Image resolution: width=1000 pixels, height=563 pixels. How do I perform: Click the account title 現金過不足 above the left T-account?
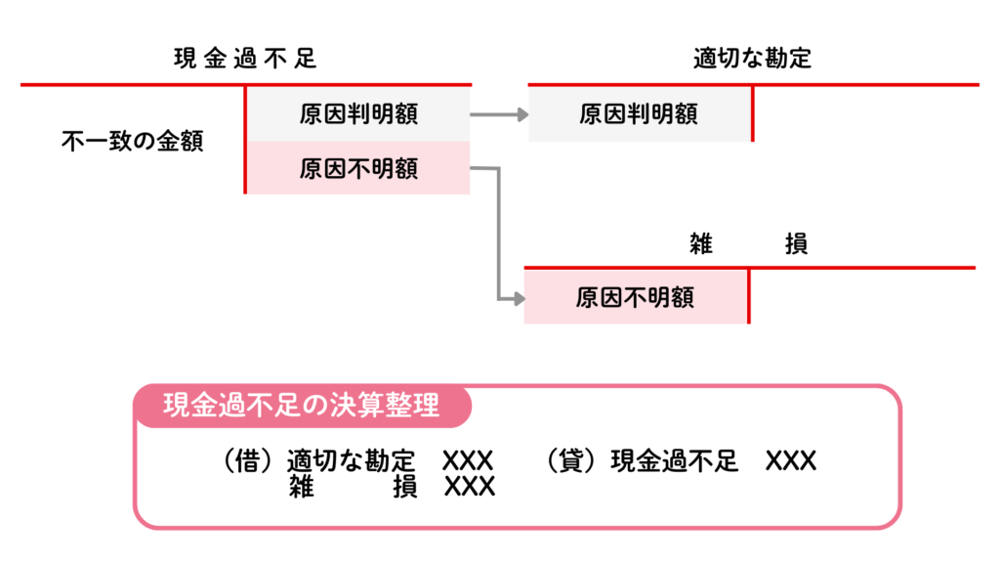(x=245, y=59)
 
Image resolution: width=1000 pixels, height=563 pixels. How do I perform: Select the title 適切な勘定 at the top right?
(x=752, y=59)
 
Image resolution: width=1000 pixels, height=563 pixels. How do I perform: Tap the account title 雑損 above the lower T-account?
(x=748, y=244)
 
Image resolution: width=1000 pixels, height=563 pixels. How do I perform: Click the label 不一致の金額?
(x=132, y=141)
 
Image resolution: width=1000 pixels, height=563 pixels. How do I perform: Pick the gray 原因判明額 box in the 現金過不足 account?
(x=358, y=113)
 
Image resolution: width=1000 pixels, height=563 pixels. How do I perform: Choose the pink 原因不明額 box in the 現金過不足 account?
(x=358, y=169)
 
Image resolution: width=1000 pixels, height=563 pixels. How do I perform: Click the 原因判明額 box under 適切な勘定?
(x=639, y=113)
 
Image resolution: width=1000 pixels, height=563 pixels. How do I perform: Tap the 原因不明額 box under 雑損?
(x=635, y=296)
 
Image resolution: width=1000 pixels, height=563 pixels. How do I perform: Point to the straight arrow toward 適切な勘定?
(x=498, y=114)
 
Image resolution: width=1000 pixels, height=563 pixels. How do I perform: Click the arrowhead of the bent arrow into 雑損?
(x=517, y=297)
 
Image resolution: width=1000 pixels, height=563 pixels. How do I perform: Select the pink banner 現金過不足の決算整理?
(x=302, y=405)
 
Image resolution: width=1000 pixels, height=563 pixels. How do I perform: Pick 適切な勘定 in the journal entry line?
(x=352, y=460)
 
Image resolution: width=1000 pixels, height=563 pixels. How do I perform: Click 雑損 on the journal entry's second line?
(x=352, y=486)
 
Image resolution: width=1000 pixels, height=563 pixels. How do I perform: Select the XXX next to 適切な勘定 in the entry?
(x=468, y=460)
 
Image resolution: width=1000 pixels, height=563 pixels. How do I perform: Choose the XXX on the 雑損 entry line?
(x=469, y=486)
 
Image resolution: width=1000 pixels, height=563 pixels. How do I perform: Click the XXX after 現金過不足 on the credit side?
(x=791, y=460)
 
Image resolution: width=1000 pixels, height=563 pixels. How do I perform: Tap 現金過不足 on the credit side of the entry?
(x=675, y=460)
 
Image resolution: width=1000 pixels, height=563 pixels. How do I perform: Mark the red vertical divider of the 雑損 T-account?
(x=749, y=295)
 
